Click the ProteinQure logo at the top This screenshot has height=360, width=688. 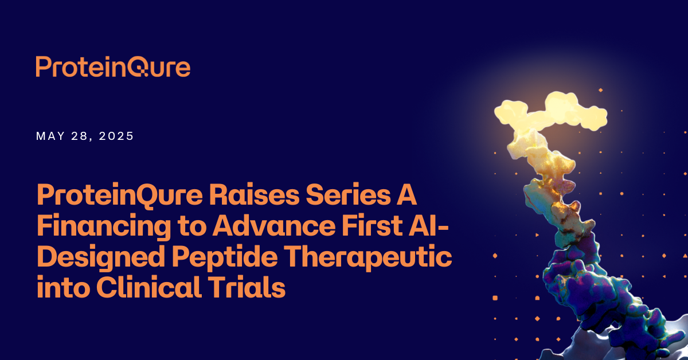[x=113, y=66]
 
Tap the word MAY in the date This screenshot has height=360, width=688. [x=50, y=136]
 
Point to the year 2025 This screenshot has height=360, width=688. [x=116, y=136]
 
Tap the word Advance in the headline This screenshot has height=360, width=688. [x=274, y=226]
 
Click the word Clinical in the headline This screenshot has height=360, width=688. [x=149, y=287]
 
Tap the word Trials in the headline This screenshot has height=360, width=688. [x=247, y=287]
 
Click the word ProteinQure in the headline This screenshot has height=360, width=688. [x=120, y=195]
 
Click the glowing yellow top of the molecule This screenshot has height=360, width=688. [x=550, y=113]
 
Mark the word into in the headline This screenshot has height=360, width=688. [x=64, y=287]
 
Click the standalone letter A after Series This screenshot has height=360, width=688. [x=406, y=195]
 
